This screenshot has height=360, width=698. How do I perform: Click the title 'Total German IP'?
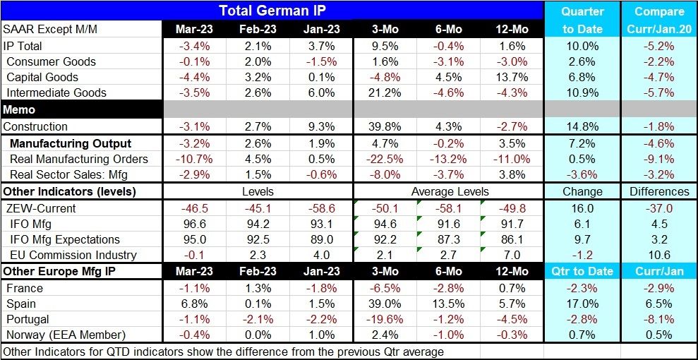point(271,11)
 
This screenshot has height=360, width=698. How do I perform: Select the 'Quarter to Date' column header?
point(582,20)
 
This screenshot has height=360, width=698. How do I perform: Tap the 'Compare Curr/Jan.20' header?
point(659,20)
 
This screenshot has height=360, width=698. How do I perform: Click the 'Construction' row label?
point(36,127)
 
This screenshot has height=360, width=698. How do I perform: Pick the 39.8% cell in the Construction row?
point(384,127)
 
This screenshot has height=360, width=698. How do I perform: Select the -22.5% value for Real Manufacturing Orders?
point(384,160)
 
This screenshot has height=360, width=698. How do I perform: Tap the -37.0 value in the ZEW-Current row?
point(659,208)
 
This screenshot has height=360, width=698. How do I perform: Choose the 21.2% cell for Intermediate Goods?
point(384,92)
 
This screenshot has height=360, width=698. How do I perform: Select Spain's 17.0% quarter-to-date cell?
point(582,304)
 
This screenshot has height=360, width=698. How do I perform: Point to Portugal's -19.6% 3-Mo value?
point(384,319)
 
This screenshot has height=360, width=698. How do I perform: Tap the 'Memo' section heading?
point(19,110)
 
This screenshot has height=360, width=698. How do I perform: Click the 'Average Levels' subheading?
point(449,192)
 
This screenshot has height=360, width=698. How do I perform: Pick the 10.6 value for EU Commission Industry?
point(659,255)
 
